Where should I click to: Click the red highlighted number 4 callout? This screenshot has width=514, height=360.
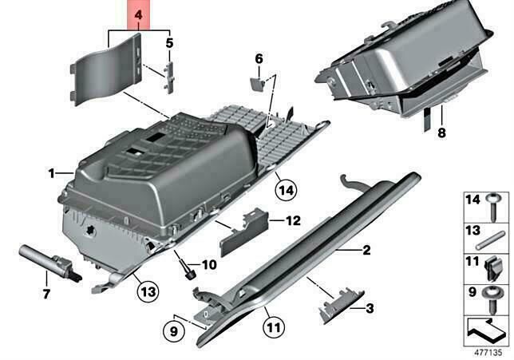[x=139, y=14]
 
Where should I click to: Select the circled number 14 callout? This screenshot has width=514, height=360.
[x=286, y=190]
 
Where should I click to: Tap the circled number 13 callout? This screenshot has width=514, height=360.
[x=148, y=291]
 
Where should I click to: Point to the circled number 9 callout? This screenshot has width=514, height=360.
[x=174, y=331]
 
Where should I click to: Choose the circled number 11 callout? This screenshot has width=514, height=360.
[x=274, y=327]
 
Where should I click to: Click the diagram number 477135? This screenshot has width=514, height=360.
[x=488, y=353]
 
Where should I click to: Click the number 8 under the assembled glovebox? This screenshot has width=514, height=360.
[x=442, y=133]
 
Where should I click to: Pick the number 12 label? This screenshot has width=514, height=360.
[x=294, y=220]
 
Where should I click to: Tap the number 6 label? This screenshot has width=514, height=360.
[x=259, y=59]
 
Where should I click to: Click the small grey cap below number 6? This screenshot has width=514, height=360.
[x=258, y=84]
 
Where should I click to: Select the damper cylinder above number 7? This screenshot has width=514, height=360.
[x=49, y=263]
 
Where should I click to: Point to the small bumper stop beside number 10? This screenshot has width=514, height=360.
[x=190, y=274]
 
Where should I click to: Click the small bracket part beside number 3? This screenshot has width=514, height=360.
[x=341, y=306]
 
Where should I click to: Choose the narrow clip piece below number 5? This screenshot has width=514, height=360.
[x=169, y=77]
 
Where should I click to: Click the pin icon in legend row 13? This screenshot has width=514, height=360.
[x=490, y=240]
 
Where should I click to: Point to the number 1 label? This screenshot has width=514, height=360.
[x=51, y=173]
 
